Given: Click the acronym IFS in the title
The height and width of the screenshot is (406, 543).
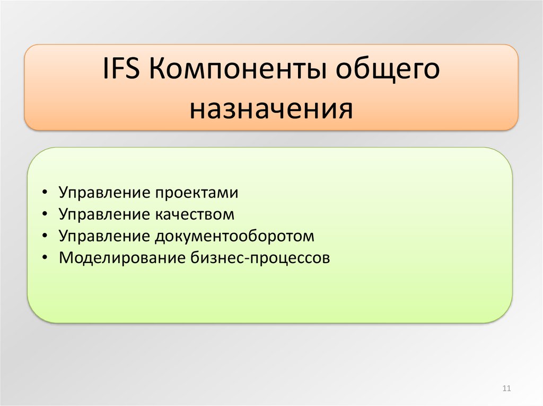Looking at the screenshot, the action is (121, 68).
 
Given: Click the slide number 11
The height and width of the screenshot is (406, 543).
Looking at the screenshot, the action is (506, 389).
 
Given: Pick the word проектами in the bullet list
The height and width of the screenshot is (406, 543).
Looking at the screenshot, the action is (197, 193).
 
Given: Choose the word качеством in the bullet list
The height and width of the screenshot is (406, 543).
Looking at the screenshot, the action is (195, 214).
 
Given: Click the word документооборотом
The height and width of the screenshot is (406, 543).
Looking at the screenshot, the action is (234, 237).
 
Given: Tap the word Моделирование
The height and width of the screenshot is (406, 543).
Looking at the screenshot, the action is (122, 258).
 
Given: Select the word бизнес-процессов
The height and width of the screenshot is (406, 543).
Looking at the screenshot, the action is (260, 258).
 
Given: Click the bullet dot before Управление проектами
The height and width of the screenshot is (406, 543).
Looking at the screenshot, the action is (45, 192).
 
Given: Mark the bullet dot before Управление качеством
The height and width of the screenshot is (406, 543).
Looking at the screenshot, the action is (45, 214).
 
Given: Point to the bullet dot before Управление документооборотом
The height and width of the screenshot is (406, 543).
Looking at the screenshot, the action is (45, 236).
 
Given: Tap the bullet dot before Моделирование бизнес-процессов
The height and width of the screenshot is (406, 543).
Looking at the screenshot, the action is (45, 257).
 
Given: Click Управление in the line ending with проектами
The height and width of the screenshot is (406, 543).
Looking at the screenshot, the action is (104, 193).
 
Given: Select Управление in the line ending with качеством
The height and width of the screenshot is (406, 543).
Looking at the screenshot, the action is (104, 215).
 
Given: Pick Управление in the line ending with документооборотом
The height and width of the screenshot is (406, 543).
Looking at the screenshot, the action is (104, 237).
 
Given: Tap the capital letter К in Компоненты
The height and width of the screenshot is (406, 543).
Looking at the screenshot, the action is (157, 68).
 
